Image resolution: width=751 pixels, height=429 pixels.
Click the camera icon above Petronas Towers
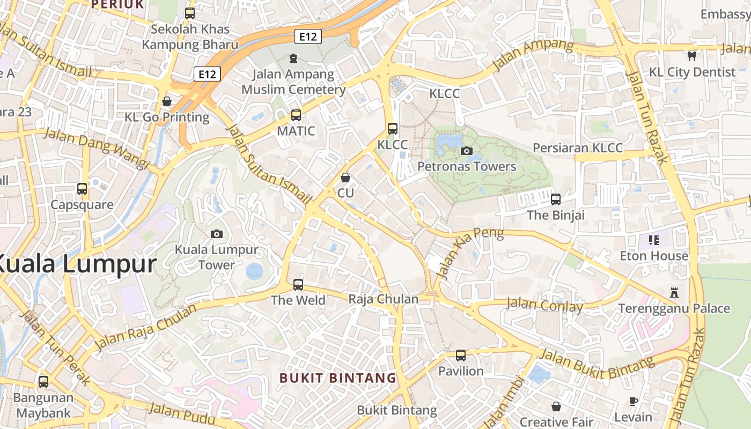(467, 151)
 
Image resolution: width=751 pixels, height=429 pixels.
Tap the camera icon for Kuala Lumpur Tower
(217, 234)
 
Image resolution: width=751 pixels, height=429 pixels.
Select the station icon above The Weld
(298, 284)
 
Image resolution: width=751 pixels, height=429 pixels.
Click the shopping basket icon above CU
(346, 177)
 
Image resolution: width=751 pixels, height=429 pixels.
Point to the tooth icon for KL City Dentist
(692, 55)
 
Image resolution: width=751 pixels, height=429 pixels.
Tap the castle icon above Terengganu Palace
(674, 293)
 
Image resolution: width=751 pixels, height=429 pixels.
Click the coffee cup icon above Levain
(634, 401)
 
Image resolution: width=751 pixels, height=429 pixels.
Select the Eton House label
(654, 256)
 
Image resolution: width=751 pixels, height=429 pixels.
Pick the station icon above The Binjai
(556, 199)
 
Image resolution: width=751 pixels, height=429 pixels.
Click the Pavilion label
(461, 371)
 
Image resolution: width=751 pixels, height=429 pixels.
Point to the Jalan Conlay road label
(544, 306)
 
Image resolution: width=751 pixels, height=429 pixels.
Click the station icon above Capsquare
(82, 189)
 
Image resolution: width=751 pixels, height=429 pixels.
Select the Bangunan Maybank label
(43, 405)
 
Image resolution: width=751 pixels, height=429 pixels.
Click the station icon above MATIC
(296, 115)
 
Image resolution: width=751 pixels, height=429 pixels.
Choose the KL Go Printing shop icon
(167, 101)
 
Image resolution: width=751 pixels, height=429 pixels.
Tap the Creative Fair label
(556, 422)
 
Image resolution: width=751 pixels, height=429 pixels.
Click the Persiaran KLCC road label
(578, 148)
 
